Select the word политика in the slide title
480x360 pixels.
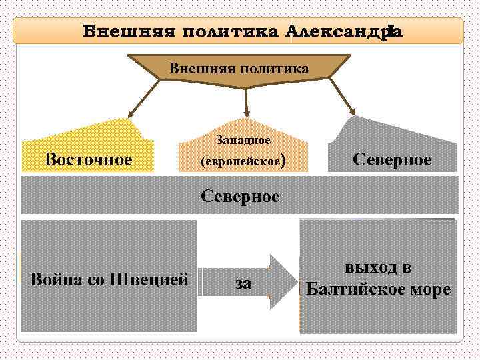click(223, 31)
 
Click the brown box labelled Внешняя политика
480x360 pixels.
click(239, 69)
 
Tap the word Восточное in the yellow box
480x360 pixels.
click(88, 159)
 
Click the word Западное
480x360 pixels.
click(243, 141)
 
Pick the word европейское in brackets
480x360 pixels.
click(241, 161)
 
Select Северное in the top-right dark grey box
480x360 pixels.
click(392, 159)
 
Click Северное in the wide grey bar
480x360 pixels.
click(241, 196)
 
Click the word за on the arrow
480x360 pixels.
click(244, 284)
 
